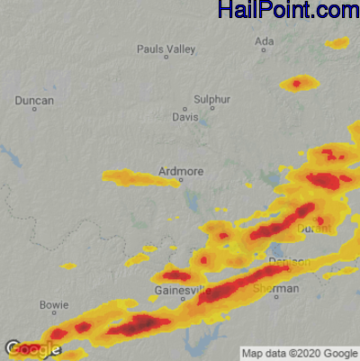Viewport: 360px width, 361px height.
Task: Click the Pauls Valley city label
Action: (166, 49)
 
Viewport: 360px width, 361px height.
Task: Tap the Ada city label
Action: (265, 41)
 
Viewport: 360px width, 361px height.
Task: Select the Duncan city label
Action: (34, 101)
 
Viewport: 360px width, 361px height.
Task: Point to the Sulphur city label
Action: (212, 100)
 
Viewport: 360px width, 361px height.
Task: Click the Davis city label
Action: (185, 117)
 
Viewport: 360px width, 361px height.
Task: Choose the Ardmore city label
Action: (180, 171)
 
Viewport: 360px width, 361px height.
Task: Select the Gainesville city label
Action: (181, 290)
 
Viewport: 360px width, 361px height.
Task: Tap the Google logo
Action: (27, 348)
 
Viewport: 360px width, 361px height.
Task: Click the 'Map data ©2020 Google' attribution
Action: (299, 352)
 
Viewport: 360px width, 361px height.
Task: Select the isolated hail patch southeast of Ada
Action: (299, 84)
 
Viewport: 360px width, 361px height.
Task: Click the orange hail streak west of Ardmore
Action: (139, 177)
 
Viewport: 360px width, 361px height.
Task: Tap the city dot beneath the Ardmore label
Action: (181, 181)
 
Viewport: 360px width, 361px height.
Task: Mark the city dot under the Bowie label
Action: (54, 315)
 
